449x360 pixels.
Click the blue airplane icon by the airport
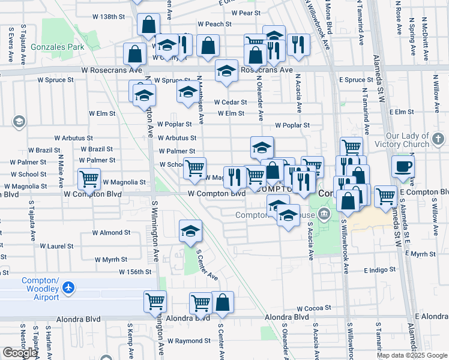pos(69,289)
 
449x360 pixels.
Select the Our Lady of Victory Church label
pos(415,140)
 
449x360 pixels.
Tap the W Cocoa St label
pos(309,308)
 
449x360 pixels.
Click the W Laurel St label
pos(56,246)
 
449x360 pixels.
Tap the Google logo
pos(20,353)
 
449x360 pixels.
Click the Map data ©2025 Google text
pos(412,355)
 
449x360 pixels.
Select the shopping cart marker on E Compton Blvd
pos(385,195)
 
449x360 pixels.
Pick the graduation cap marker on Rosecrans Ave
pos(226,71)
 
